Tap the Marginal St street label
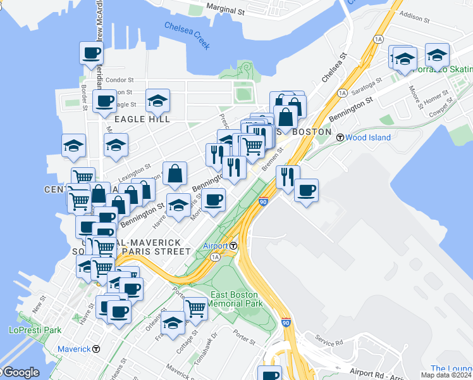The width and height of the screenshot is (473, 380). [225, 11]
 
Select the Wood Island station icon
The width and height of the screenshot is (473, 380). [340, 137]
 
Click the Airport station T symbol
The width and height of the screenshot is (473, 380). [233, 246]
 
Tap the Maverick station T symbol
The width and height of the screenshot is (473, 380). [96, 348]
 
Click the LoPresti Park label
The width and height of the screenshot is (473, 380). [35, 330]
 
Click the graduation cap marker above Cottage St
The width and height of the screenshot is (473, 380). [173, 322]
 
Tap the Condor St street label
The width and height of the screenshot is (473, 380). [120, 80]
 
